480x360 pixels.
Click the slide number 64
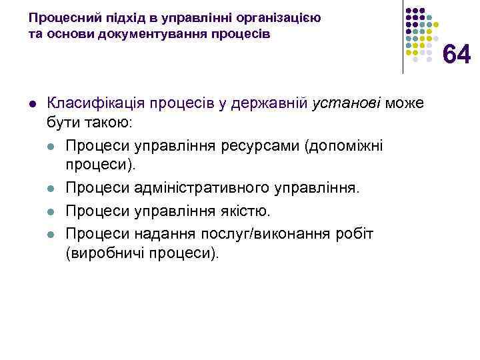(457, 55)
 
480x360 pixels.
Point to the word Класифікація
(93, 104)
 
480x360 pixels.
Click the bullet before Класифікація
(32, 105)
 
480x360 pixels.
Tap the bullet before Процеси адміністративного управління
(51, 189)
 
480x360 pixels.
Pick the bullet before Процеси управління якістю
(51, 211)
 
